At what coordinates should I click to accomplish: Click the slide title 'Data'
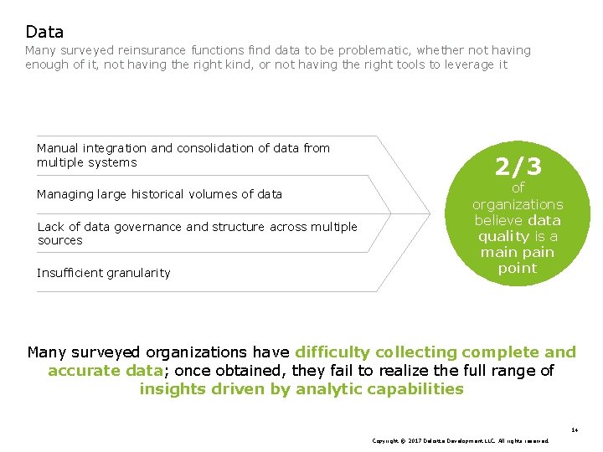pyautogui.click(x=44, y=33)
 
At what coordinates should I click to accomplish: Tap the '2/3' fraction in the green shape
pyautogui.click(x=518, y=167)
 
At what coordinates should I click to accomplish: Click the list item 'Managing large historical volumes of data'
pyautogui.click(x=159, y=194)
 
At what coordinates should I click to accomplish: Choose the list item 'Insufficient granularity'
pyautogui.click(x=103, y=273)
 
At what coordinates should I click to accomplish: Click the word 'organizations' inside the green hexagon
pyautogui.click(x=518, y=204)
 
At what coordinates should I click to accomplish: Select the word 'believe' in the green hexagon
pyautogui.click(x=500, y=220)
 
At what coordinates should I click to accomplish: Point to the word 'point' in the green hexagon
pyautogui.click(x=518, y=268)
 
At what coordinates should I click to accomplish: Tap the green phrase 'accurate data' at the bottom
pyautogui.click(x=104, y=371)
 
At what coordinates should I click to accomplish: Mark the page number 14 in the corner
pyautogui.click(x=575, y=430)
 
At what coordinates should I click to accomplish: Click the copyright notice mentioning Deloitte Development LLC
pyautogui.click(x=460, y=440)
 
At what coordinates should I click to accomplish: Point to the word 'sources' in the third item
pyautogui.click(x=60, y=241)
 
